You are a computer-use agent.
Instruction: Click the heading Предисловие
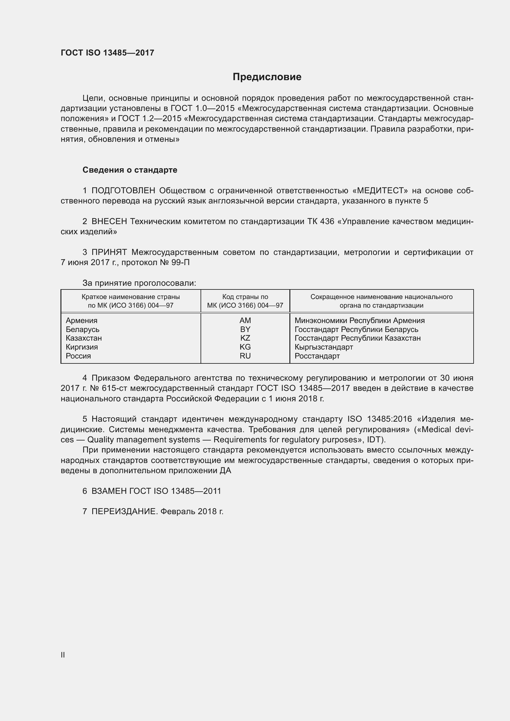pos(267,77)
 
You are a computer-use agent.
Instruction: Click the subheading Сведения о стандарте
pos(130,170)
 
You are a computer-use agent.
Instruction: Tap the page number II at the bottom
pos(63,655)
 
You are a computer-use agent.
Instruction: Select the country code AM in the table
pos(245,321)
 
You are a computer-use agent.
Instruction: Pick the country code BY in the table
pos(245,330)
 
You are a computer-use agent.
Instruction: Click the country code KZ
pos(245,338)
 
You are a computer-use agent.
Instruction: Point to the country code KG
pos(245,347)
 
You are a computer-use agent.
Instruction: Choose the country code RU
pos(245,356)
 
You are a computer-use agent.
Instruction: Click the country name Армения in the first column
pos(82,321)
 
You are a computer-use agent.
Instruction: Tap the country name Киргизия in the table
pos(82,347)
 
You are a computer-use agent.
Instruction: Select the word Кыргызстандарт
pos(324,347)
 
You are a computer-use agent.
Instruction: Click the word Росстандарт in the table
pos(317,356)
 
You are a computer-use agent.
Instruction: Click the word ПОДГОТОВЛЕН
pos(123,190)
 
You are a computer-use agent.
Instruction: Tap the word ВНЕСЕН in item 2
pos(109,221)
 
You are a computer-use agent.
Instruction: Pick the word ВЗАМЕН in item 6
pos(109,491)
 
